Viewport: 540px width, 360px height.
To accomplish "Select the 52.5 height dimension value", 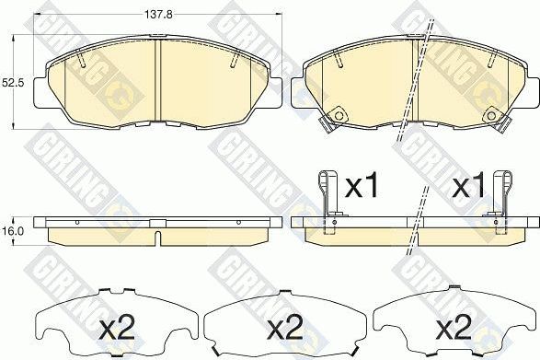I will click(x=11, y=83).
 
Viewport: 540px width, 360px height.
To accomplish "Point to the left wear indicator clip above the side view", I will click(x=327, y=194).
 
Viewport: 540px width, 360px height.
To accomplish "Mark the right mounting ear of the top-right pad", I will click(x=531, y=90).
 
